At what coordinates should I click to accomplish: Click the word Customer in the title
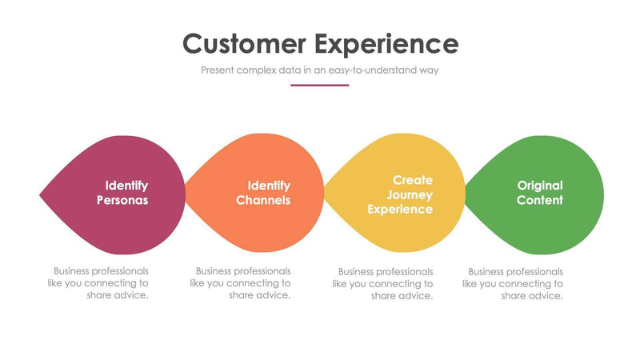[243, 42]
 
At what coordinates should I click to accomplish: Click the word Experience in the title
[386, 44]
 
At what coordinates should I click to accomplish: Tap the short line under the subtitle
[320, 85]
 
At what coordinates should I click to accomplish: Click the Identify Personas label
[123, 193]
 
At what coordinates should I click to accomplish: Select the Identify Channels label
[264, 193]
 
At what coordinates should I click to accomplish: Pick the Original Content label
[539, 193]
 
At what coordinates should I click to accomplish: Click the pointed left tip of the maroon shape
[42, 194]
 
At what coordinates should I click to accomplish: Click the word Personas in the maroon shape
[122, 200]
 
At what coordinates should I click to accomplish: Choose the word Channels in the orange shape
[263, 200]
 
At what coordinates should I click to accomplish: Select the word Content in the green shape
[539, 200]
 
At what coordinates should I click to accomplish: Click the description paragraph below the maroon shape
[102, 283]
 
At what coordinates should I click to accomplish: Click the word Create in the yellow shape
[413, 181]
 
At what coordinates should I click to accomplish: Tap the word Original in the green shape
[539, 186]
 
